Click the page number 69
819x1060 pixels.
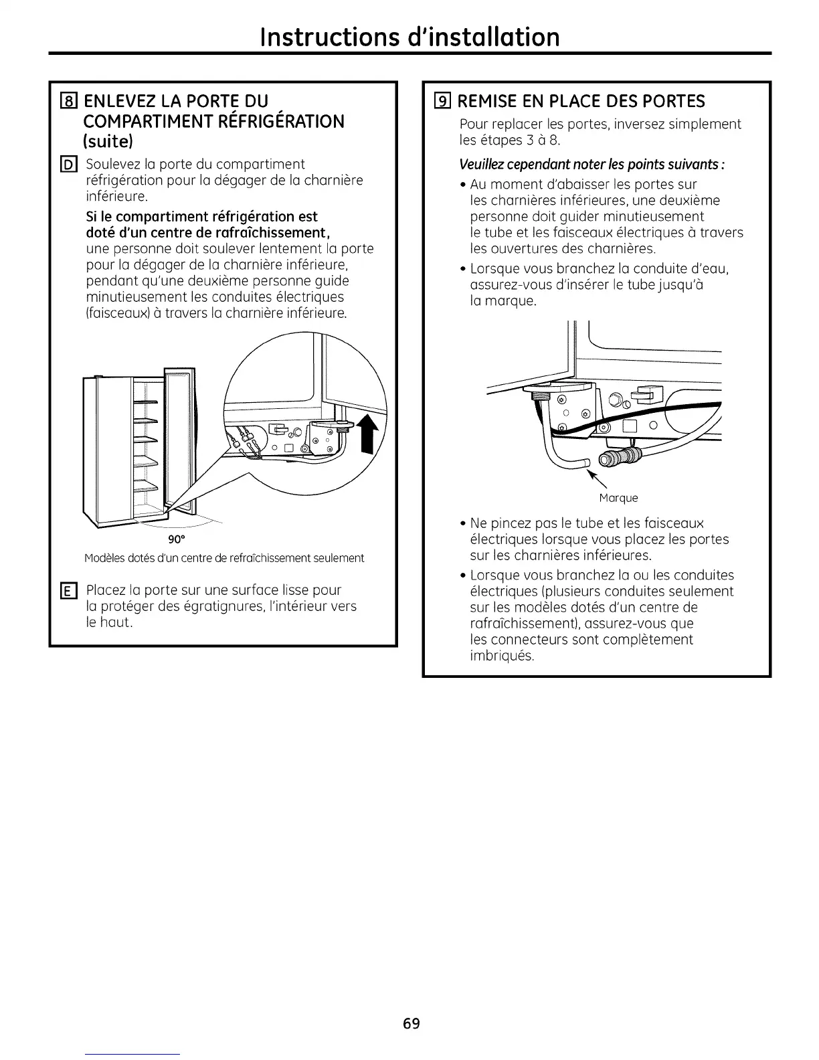click(x=411, y=1023)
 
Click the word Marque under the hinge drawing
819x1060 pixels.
click(x=618, y=498)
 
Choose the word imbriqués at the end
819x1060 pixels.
click(x=502, y=656)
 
